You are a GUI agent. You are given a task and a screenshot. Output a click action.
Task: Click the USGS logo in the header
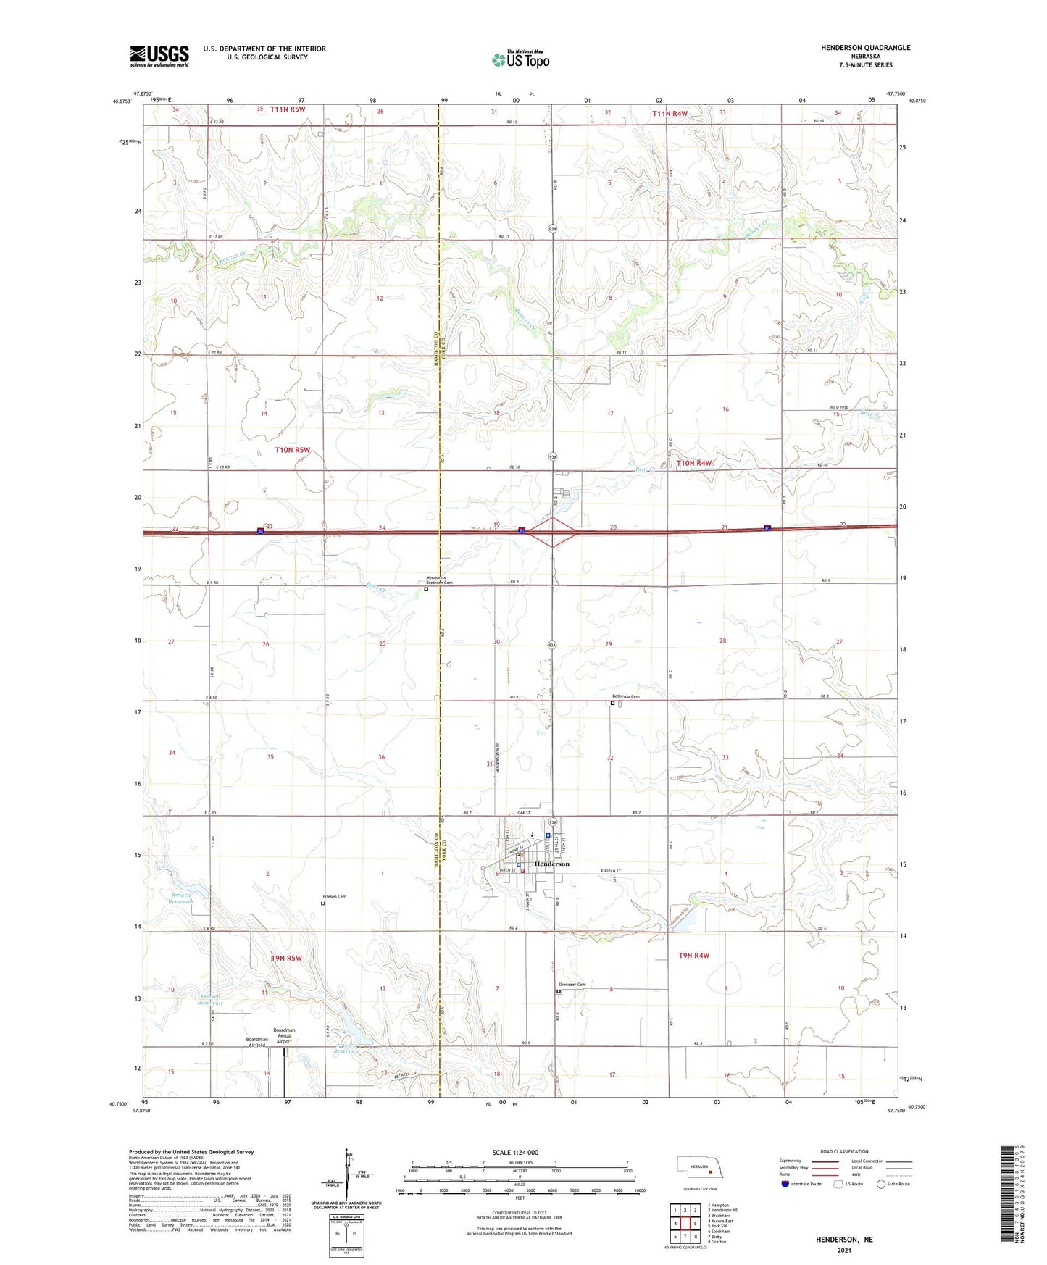coord(159,56)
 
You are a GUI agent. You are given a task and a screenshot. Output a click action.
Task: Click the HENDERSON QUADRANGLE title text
coord(865,48)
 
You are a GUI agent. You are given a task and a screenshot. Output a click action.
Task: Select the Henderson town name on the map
coord(551,864)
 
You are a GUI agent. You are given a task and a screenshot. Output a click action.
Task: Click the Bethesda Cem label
coord(625,696)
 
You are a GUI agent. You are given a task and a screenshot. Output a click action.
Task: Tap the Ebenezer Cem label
coord(572,985)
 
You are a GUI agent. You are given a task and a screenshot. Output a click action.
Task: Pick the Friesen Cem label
coord(335,897)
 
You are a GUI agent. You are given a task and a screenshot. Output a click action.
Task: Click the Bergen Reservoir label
coord(180,898)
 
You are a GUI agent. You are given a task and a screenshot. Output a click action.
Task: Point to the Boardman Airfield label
coord(256,1042)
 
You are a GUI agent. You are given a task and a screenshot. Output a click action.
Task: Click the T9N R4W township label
coord(693,956)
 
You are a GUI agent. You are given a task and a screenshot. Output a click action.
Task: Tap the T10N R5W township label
coord(292,450)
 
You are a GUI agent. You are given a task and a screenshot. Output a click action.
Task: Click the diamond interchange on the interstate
coord(552,532)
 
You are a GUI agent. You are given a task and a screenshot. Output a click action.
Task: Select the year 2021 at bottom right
coord(844,1251)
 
